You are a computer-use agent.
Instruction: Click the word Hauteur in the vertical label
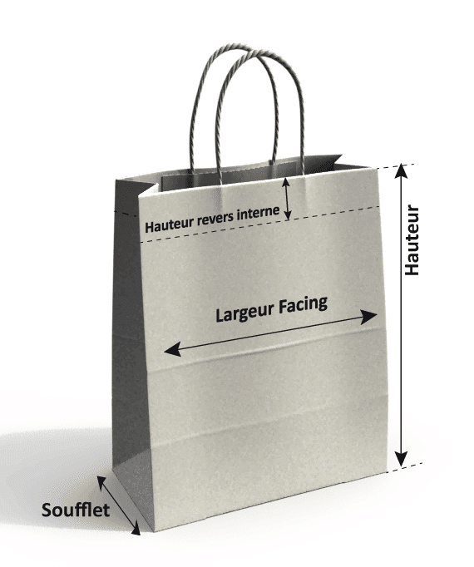pyautogui.click(x=412, y=240)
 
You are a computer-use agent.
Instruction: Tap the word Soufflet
pyautogui.click(x=76, y=510)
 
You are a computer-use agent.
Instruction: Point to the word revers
pyautogui.click(x=215, y=218)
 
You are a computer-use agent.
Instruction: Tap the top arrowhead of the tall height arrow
pyautogui.click(x=401, y=170)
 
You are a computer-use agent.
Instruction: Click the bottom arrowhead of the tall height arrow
pyautogui.click(x=401, y=459)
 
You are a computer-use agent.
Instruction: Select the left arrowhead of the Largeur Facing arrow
pyautogui.click(x=173, y=350)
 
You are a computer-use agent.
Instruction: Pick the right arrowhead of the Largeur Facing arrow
pyautogui.click(x=369, y=317)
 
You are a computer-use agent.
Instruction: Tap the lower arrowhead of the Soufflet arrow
pyautogui.click(x=136, y=528)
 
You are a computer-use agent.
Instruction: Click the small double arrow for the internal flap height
pyautogui.click(x=287, y=199)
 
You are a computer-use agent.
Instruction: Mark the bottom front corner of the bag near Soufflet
pyautogui.click(x=155, y=531)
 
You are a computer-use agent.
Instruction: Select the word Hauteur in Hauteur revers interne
pyautogui.click(x=170, y=224)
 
